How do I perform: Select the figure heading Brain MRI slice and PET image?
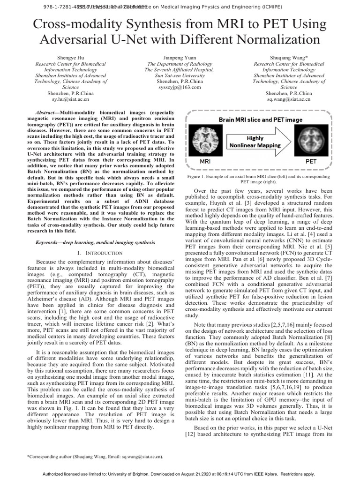point(261,120)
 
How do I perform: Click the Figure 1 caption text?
point(258,180)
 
